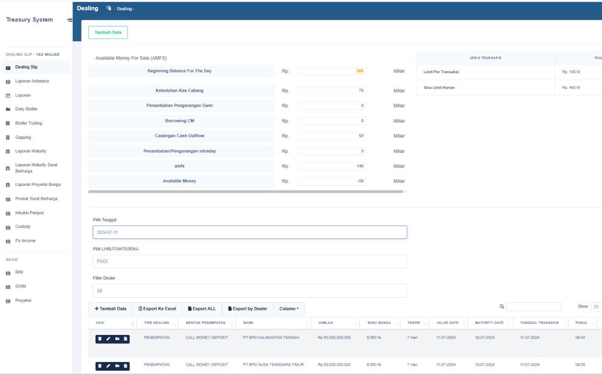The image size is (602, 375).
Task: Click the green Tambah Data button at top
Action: (x=108, y=32)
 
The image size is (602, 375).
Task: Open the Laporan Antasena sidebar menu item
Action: (x=32, y=81)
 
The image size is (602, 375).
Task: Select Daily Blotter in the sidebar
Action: (x=27, y=109)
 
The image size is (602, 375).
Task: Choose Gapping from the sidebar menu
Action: (x=23, y=137)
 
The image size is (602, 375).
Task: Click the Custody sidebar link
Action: (x=23, y=226)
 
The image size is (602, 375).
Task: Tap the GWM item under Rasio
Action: (x=21, y=286)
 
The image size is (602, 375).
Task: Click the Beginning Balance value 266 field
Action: (x=332, y=71)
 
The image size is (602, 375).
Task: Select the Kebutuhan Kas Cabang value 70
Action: (x=332, y=90)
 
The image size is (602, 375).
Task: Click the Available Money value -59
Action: (x=332, y=181)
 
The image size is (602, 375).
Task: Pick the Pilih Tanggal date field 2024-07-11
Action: (x=250, y=232)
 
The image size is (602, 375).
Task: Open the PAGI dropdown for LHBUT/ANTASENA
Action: (x=250, y=261)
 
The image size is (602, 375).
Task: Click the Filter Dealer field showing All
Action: (x=250, y=291)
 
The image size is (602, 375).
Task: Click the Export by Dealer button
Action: (x=247, y=309)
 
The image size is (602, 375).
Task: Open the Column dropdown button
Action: (x=289, y=309)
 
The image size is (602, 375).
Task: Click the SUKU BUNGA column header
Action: (x=379, y=323)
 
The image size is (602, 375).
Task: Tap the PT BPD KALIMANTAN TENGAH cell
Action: (x=271, y=337)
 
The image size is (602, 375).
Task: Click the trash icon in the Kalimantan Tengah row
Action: (x=100, y=339)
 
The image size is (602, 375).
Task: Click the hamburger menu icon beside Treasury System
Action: (x=69, y=20)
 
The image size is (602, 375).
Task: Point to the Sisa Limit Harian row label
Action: (x=439, y=88)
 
